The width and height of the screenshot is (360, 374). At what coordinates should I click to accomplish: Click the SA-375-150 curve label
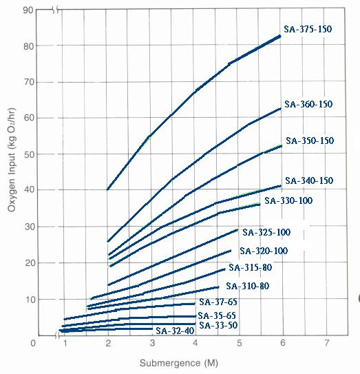308,29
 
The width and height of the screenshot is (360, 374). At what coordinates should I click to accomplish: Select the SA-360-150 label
308,104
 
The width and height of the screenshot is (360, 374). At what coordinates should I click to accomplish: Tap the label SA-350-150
310,141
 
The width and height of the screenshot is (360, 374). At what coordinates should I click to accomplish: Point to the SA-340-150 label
309,180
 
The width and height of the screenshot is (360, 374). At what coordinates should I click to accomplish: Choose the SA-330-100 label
288,200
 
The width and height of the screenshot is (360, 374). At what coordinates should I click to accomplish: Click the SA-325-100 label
266,232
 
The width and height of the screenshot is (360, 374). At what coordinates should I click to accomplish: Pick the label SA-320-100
264,251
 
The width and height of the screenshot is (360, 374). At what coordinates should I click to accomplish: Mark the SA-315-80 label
251,267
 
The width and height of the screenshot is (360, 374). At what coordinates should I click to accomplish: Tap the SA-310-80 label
248,286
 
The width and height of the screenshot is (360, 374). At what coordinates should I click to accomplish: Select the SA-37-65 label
218,302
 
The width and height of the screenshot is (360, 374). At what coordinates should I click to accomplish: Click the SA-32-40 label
175,331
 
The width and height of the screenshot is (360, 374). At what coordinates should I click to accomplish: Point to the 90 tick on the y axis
28,10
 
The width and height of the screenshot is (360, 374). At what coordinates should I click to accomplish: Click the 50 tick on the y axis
29,154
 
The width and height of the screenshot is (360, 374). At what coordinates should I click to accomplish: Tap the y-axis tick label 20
30,263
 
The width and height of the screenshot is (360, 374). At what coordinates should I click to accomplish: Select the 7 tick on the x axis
327,343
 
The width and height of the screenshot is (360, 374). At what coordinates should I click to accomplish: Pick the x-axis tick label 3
152,343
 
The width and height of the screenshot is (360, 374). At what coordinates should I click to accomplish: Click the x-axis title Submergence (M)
179,363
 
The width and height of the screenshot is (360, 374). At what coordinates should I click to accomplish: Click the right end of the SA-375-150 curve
280,36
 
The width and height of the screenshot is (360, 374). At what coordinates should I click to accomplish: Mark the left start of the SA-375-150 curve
107,189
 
